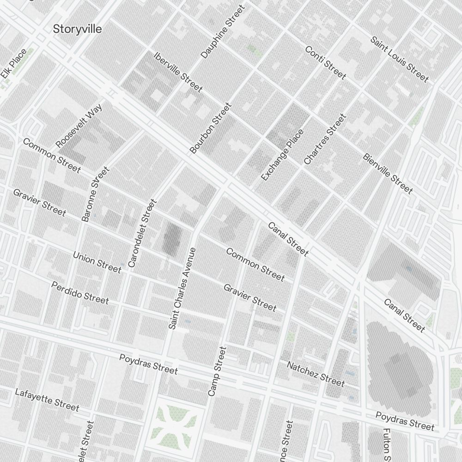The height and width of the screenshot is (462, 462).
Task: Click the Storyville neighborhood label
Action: tap(77, 29)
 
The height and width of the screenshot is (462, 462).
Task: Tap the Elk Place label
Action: tap(13, 63)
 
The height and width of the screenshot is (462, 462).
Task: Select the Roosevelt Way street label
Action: tap(79, 126)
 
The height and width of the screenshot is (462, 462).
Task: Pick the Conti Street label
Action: tap(325, 62)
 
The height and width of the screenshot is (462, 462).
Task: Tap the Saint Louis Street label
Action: tap(399, 59)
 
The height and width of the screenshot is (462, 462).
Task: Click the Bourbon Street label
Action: tap(210, 128)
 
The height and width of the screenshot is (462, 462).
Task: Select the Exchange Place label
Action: tap(282, 155)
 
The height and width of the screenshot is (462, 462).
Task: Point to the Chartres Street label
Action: tap(325, 139)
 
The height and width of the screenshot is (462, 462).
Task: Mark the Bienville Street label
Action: tap(388, 173)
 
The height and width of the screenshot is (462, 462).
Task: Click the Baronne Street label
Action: tap(96, 194)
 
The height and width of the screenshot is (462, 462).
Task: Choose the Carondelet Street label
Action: tap(142, 233)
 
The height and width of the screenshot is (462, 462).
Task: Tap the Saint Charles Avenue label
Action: tap(182, 288)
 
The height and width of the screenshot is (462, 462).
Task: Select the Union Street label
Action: tap(97, 262)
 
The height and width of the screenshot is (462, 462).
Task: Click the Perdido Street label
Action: tap(80, 293)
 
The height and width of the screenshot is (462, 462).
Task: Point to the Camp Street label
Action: tap(217, 371)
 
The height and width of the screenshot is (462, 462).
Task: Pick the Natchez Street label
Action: tap(316, 374)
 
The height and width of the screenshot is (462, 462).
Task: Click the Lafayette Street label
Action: tap(47, 399)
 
